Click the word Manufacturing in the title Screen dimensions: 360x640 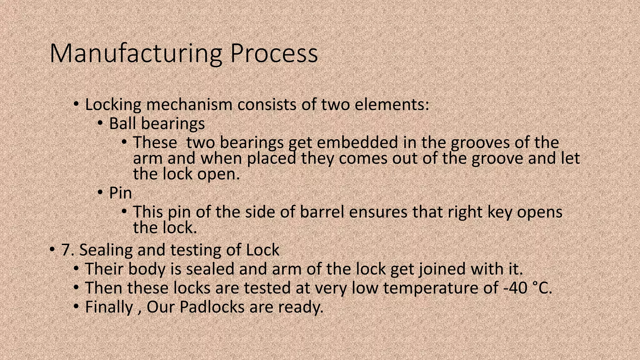136,54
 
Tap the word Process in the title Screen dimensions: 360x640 274,54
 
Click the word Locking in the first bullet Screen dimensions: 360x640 113,105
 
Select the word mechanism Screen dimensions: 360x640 189,105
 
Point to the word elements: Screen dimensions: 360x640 392,105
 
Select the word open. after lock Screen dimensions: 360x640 218,174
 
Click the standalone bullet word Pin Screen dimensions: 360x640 120,193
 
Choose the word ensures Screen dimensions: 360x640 378,212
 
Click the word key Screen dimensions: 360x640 500,212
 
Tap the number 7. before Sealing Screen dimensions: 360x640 67,250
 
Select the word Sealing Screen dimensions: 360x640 106,250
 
